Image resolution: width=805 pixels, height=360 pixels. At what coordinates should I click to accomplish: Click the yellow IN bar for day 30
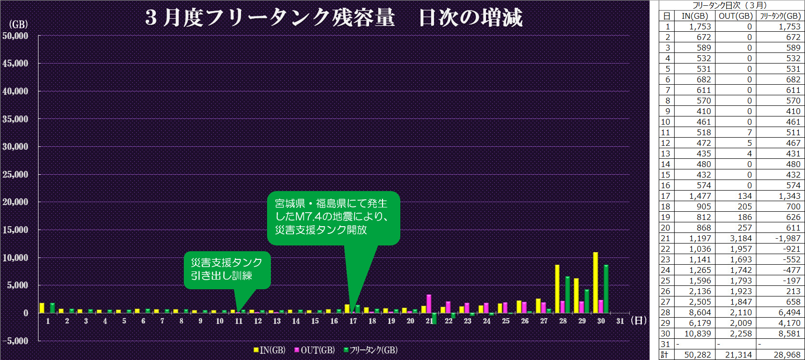595,283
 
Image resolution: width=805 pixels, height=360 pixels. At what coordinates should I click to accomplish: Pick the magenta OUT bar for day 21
429,304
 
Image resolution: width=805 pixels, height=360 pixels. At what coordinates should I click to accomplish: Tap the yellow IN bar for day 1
42,308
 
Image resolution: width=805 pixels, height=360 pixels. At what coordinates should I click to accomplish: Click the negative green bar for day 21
434,318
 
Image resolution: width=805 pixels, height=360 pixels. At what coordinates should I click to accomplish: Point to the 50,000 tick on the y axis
15,36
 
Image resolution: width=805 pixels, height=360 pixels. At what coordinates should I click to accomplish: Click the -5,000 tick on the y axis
15,341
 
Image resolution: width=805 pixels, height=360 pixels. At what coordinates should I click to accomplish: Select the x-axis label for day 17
353,321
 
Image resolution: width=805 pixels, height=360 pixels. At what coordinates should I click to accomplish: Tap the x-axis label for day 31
620,321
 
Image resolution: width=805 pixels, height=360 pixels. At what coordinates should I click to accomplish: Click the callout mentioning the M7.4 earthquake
333,217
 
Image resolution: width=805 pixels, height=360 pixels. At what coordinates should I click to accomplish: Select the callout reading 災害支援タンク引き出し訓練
227,269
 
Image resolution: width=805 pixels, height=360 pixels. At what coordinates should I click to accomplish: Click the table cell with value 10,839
696,334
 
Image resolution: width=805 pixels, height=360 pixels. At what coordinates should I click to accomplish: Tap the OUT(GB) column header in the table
735,16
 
